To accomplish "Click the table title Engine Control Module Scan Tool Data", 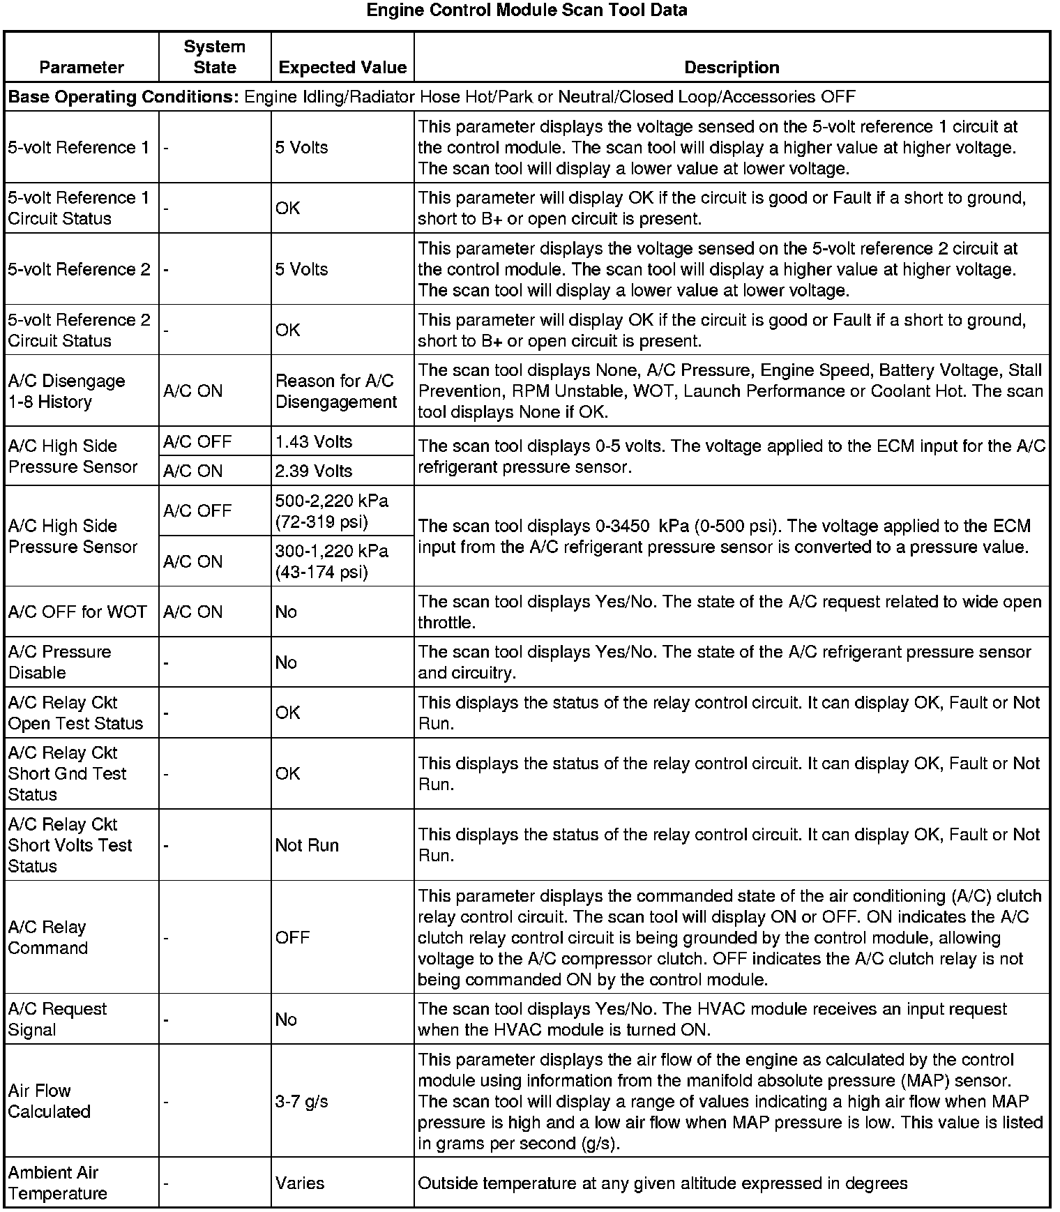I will click(x=527, y=10).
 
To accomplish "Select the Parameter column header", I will click(x=82, y=68).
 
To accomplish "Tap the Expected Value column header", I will click(x=342, y=68).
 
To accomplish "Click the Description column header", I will click(x=732, y=68).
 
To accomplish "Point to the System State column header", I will click(x=214, y=57).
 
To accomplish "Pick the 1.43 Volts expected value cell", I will click(x=314, y=441).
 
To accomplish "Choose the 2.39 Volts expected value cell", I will click(x=314, y=471).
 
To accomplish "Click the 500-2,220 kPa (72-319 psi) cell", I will click(x=332, y=511).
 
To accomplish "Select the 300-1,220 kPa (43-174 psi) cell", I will click(x=332, y=561).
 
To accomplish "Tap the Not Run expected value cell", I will click(x=307, y=845).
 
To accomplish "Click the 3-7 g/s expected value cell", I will click(x=301, y=1101).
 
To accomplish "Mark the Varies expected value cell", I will click(x=300, y=1183).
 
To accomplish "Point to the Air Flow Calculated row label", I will click(x=49, y=1101).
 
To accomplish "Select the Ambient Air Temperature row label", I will click(x=57, y=1183).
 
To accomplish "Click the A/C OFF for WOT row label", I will click(x=77, y=612).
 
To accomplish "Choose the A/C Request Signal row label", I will click(x=57, y=1019).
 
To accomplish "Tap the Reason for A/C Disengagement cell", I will click(x=335, y=391).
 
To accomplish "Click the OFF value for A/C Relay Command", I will click(x=292, y=937).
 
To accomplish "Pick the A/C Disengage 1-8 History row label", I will click(x=66, y=391).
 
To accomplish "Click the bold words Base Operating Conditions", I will click(x=123, y=97).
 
